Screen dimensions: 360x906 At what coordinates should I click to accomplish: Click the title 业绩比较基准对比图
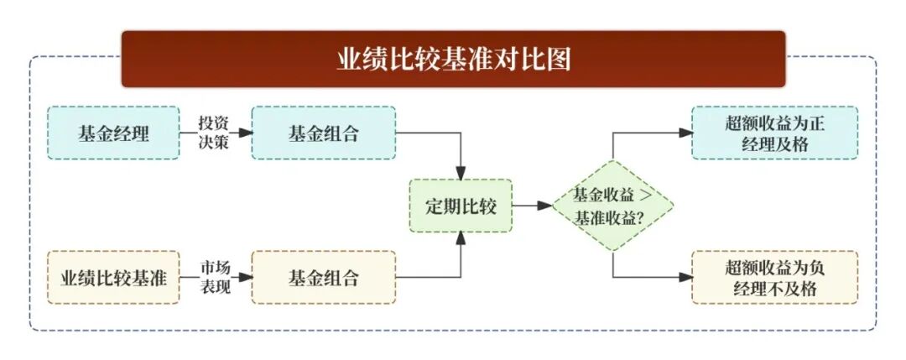pyautogui.click(x=453, y=59)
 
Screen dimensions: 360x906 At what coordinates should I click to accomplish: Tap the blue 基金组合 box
pyautogui.click(x=323, y=133)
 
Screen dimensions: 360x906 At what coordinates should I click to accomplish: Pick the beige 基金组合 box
pyautogui.click(x=323, y=277)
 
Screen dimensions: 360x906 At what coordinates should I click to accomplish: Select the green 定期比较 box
pyautogui.click(x=461, y=206)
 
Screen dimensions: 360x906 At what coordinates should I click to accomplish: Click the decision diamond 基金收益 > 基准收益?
pyautogui.click(x=612, y=206)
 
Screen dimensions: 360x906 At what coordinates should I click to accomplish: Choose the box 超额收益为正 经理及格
pyautogui.click(x=774, y=133)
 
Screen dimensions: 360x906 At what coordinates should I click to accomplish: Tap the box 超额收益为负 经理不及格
pyautogui.click(x=774, y=277)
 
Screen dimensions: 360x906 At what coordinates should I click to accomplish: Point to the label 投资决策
pyautogui.click(x=213, y=133)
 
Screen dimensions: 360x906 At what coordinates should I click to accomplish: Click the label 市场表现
pyautogui.click(x=213, y=276)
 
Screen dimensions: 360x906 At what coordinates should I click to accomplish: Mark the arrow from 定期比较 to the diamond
pyautogui.click(x=530, y=206)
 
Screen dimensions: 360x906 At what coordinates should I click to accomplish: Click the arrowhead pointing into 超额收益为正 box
pyautogui.click(x=685, y=133)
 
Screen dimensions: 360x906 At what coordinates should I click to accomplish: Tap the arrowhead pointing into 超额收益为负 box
pyautogui.click(x=685, y=277)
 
